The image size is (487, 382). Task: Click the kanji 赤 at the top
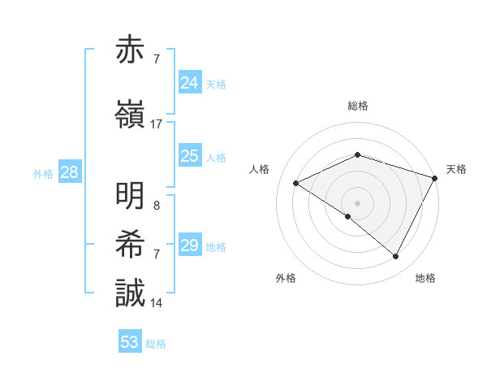(x=132, y=51)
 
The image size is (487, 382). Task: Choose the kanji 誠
(x=132, y=293)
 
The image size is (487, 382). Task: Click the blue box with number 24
(x=190, y=82)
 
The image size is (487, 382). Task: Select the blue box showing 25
(x=190, y=155)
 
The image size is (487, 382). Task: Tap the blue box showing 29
(x=190, y=245)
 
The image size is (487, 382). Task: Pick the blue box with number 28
(x=69, y=172)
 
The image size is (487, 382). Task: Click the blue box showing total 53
(x=130, y=342)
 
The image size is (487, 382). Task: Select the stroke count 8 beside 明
(x=156, y=206)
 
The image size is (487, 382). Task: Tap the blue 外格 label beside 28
(x=43, y=174)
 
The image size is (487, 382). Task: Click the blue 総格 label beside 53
(x=156, y=344)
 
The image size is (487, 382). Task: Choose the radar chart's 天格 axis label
(x=456, y=169)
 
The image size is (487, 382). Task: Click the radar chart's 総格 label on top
(x=358, y=106)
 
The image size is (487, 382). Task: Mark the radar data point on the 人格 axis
(x=296, y=183)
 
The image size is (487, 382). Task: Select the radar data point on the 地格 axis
(x=395, y=257)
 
